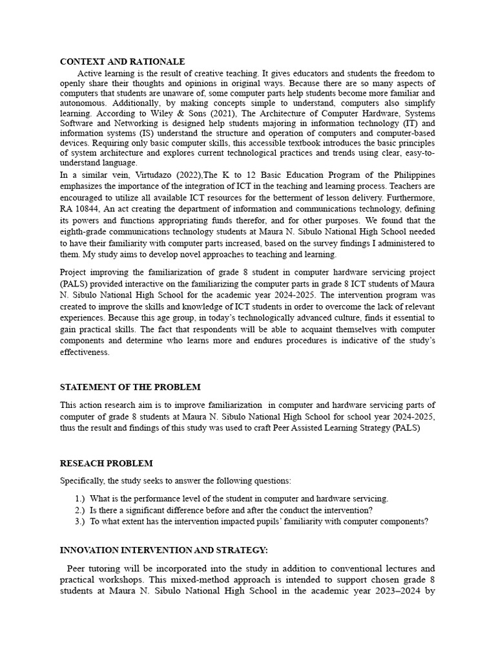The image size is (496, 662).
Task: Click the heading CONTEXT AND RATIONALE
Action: tap(122, 62)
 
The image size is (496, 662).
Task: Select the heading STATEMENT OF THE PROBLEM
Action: tap(130, 387)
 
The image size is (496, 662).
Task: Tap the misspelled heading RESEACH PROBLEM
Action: tap(107, 464)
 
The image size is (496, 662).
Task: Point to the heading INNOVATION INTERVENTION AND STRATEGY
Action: tap(163, 550)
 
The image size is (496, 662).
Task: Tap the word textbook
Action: tap(263, 144)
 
